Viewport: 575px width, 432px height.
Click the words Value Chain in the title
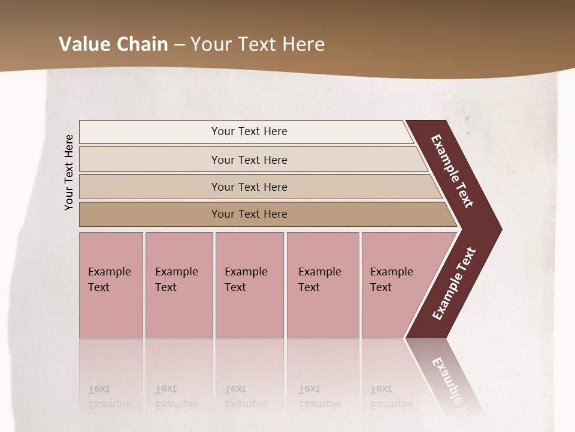tap(113, 44)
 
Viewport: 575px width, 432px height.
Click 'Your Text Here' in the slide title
tap(258, 44)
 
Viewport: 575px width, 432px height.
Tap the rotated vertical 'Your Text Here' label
tap(69, 172)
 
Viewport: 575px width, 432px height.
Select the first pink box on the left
tap(111, 285)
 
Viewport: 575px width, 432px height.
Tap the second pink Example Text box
tap(179, 285)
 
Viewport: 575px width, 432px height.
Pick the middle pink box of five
tap(249, 285)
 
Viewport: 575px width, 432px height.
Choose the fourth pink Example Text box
tap(323, 285)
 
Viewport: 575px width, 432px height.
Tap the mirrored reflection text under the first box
tap(109, 397)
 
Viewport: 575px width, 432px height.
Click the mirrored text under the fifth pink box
tap(391, 397)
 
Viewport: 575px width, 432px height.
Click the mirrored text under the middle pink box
tap(246, 397)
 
